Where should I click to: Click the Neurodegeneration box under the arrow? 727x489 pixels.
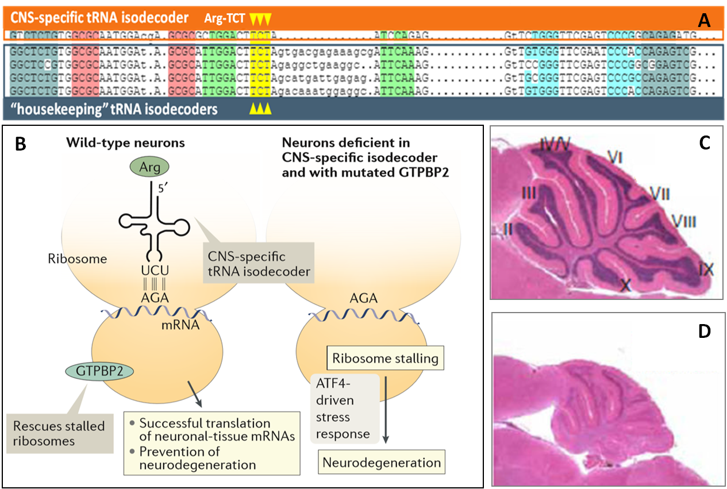tap(382, 462)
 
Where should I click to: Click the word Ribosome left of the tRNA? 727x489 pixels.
tap(78, 259)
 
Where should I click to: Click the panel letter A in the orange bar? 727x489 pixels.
tap(705, 21)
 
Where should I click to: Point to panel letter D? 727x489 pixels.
tap(705, 333)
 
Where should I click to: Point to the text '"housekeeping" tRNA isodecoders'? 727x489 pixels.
tap(114, 108)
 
